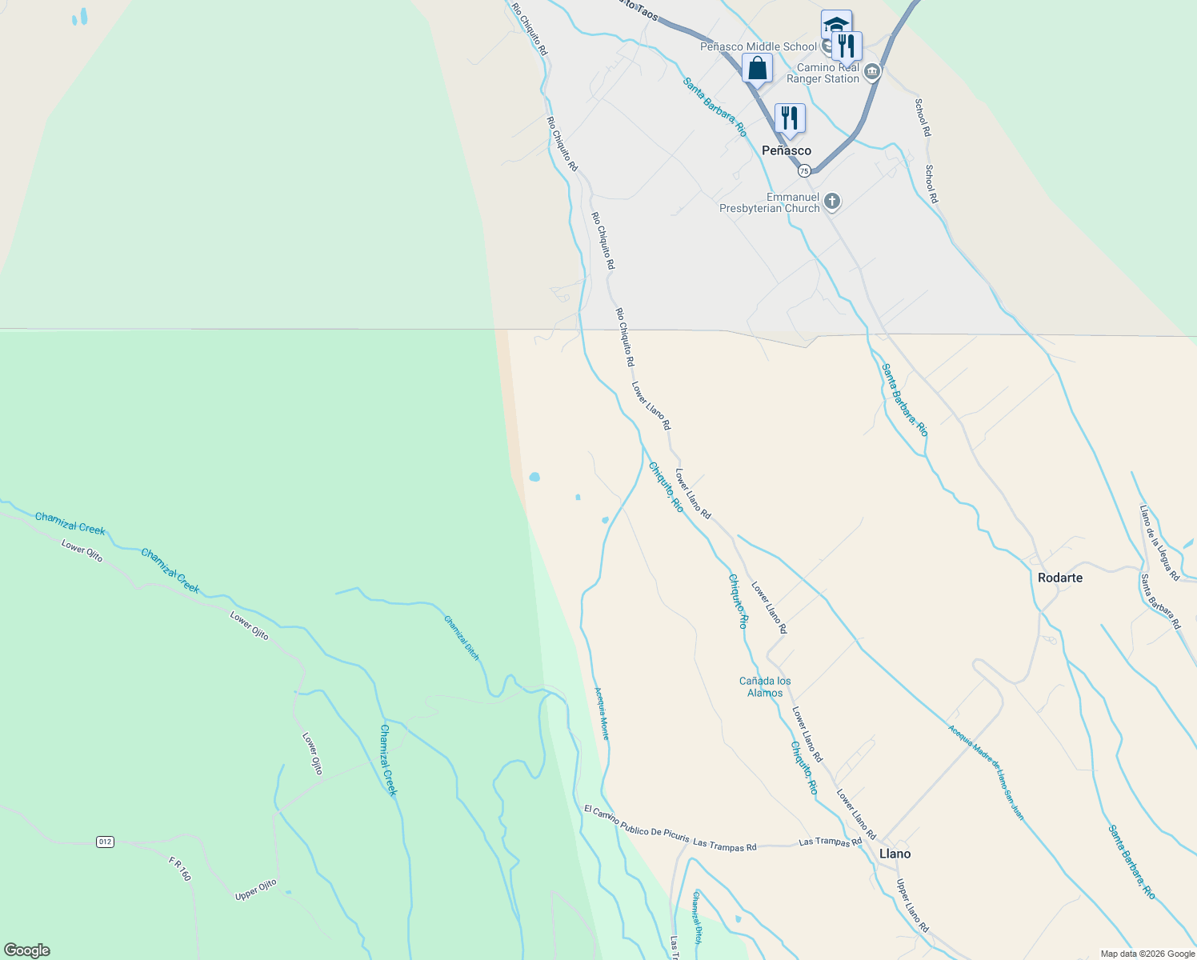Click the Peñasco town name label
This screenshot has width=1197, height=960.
(786, 150)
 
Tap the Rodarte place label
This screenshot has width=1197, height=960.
(1059, 578)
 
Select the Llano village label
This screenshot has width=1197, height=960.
(895, 854)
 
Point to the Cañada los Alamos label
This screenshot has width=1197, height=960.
(765, 687)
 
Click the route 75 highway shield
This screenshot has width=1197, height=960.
(804, 170)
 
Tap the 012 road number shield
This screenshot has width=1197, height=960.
(105, 842)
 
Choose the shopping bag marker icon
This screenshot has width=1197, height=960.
(757, 69)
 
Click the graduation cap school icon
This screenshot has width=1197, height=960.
(836, 24)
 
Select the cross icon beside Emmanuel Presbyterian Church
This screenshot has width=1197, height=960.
(832, 202)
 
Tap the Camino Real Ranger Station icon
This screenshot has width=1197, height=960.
(873, 73)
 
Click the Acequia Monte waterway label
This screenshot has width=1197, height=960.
(602, 713)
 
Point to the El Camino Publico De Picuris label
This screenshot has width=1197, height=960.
(636, 824)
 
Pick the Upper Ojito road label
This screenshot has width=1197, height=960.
(256, 890)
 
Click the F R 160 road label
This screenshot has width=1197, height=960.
(180, 869)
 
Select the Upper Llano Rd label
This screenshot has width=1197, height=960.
(912, 906)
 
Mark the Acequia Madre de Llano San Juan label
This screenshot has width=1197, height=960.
(985, 772)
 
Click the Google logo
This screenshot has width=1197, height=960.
(26, 950)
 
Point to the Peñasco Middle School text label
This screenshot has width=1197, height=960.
(759, 46)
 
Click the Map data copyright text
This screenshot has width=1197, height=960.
(1147, 954)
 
